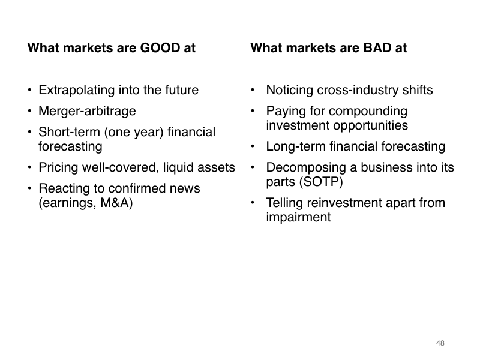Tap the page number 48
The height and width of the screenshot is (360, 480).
440,343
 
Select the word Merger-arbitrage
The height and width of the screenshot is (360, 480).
87,112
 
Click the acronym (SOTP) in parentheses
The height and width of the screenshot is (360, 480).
321,182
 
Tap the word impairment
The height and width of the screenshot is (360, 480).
298,217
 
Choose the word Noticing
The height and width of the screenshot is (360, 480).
290,90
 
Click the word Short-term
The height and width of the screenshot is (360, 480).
69,132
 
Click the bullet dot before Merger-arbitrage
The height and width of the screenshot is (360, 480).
29,111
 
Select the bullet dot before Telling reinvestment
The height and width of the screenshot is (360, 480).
253,202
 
